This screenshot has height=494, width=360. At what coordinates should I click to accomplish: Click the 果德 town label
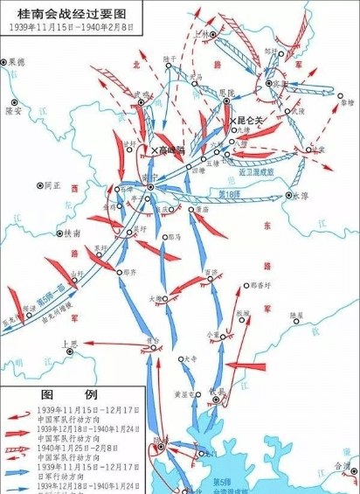point(17,62)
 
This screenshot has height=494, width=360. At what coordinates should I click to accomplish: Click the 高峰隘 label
point(167,150)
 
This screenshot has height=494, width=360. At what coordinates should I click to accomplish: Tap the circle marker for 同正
point(38,185)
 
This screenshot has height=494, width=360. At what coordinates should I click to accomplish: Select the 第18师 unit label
point(229,193)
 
